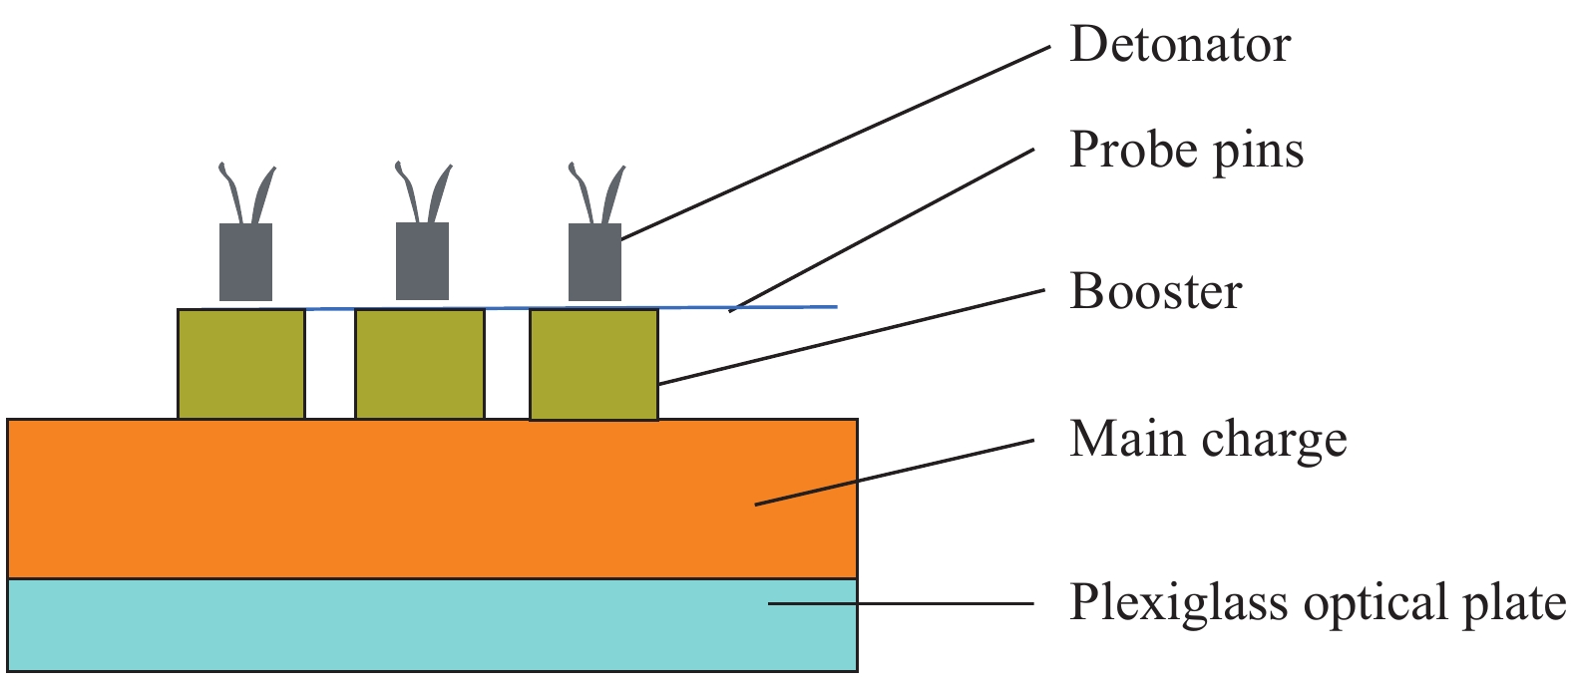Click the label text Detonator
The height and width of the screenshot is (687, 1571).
(x=1179, y=45)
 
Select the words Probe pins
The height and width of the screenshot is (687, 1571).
(x=1186, y=151)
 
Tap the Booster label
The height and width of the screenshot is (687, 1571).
(x=1155, y=291)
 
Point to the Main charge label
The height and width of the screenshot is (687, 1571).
(x=1207, y=439)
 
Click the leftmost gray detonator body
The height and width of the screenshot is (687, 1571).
(x=245, y=261)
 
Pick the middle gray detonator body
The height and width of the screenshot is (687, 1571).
(x=422, y=260)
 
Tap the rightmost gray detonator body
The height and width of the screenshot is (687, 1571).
(x=594, y=261)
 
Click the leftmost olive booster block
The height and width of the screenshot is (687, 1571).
(x=241, y=364)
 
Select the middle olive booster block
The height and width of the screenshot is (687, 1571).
(x=420, y=364)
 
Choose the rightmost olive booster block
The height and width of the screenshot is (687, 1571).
(x=593, y=365)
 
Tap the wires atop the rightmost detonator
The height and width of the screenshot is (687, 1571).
(x=596, y=192)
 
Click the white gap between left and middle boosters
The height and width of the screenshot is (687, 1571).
(x=330, y=364)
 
